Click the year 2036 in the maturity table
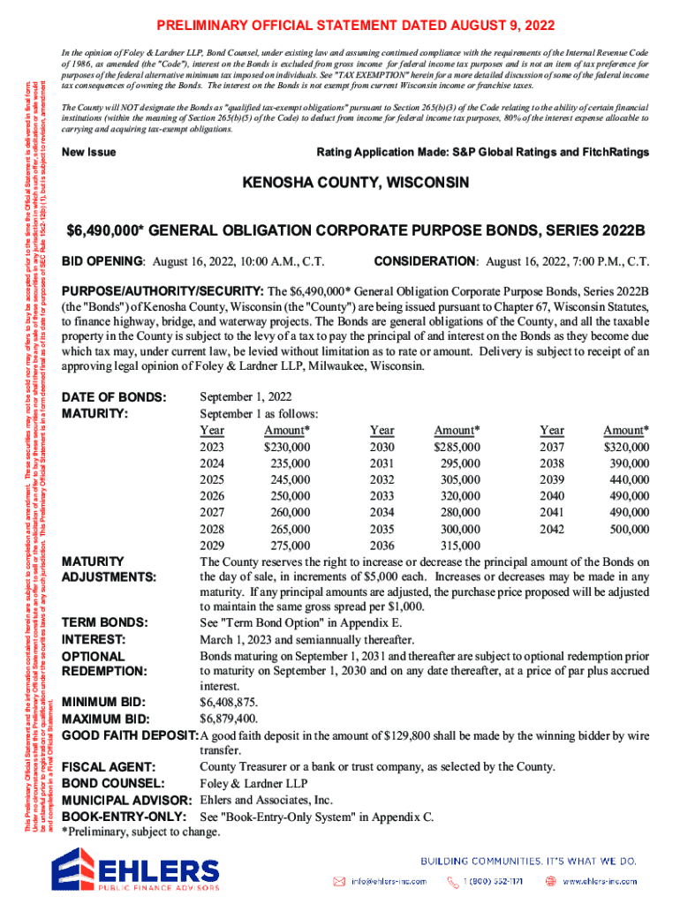coord(382,546)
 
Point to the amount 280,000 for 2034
coord(457,512)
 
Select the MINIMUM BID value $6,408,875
coord(229,702)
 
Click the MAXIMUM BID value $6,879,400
coord(229,719)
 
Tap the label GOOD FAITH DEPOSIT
coord(129,735)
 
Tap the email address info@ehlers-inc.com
coord(389,881)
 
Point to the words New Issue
coord(89,153)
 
